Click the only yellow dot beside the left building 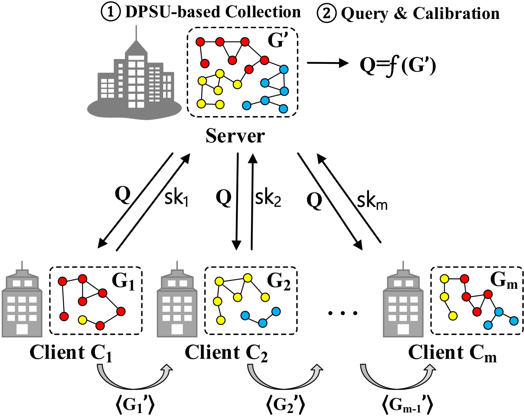(82, 320)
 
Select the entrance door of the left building (22, 329)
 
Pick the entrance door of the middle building (177, 329)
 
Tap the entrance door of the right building (403, 329)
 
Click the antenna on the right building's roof (403, 265)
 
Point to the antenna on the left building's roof (22, 265)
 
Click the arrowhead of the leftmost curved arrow (167, 368)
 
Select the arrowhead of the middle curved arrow (317, 368)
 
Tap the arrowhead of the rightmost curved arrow (430, 368)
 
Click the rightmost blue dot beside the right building (514, 321)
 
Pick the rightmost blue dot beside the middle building (276, 311)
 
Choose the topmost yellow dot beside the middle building (248, 278)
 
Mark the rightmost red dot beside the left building (121, 311)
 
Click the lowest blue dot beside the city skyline (283, 109)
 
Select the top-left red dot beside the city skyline (200, 42)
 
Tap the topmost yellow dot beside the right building (444, 279)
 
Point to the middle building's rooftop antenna (177, 265)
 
